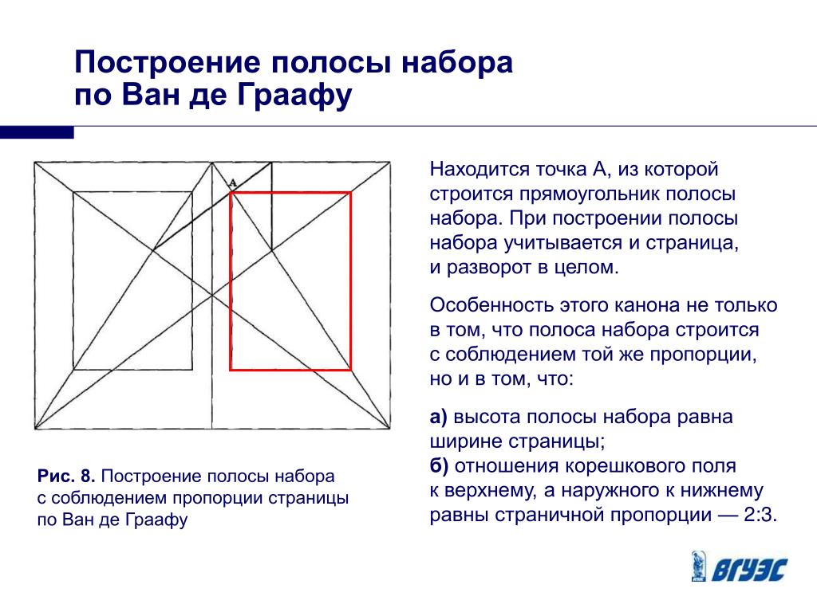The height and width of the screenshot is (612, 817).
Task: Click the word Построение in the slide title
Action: tap(168, 62)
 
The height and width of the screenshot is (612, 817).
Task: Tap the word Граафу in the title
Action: tap(295, 96)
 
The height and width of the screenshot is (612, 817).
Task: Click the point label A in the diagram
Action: tap(232, 182)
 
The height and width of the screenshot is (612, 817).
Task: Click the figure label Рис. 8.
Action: tap(66, 476)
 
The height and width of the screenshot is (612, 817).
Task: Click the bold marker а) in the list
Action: tap(439, 417)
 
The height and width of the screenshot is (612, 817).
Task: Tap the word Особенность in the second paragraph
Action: tap(491, 305)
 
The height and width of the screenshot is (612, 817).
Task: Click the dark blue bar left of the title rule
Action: tap(37, 132)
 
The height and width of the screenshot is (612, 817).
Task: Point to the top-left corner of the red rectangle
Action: tap(231, 193)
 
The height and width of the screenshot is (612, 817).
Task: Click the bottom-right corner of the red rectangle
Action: tap(351, 370)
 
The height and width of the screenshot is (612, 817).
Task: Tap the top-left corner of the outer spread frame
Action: tap(34, 163)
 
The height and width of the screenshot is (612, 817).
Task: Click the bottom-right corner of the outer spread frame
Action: tap(390, 429)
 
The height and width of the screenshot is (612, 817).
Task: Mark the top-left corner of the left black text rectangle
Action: tap(73, 193)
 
